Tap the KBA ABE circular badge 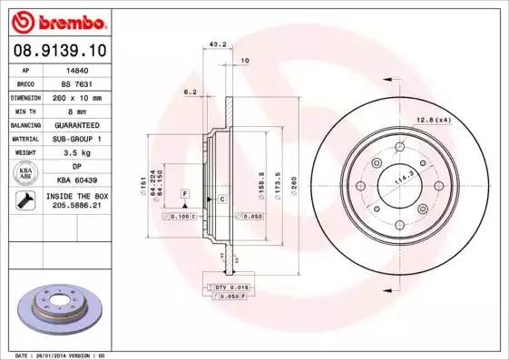click(x=25, y=174)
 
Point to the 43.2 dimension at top click(x=218, y=44)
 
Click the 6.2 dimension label click(x=191, y=92)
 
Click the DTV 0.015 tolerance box click(x=231, y=286)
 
